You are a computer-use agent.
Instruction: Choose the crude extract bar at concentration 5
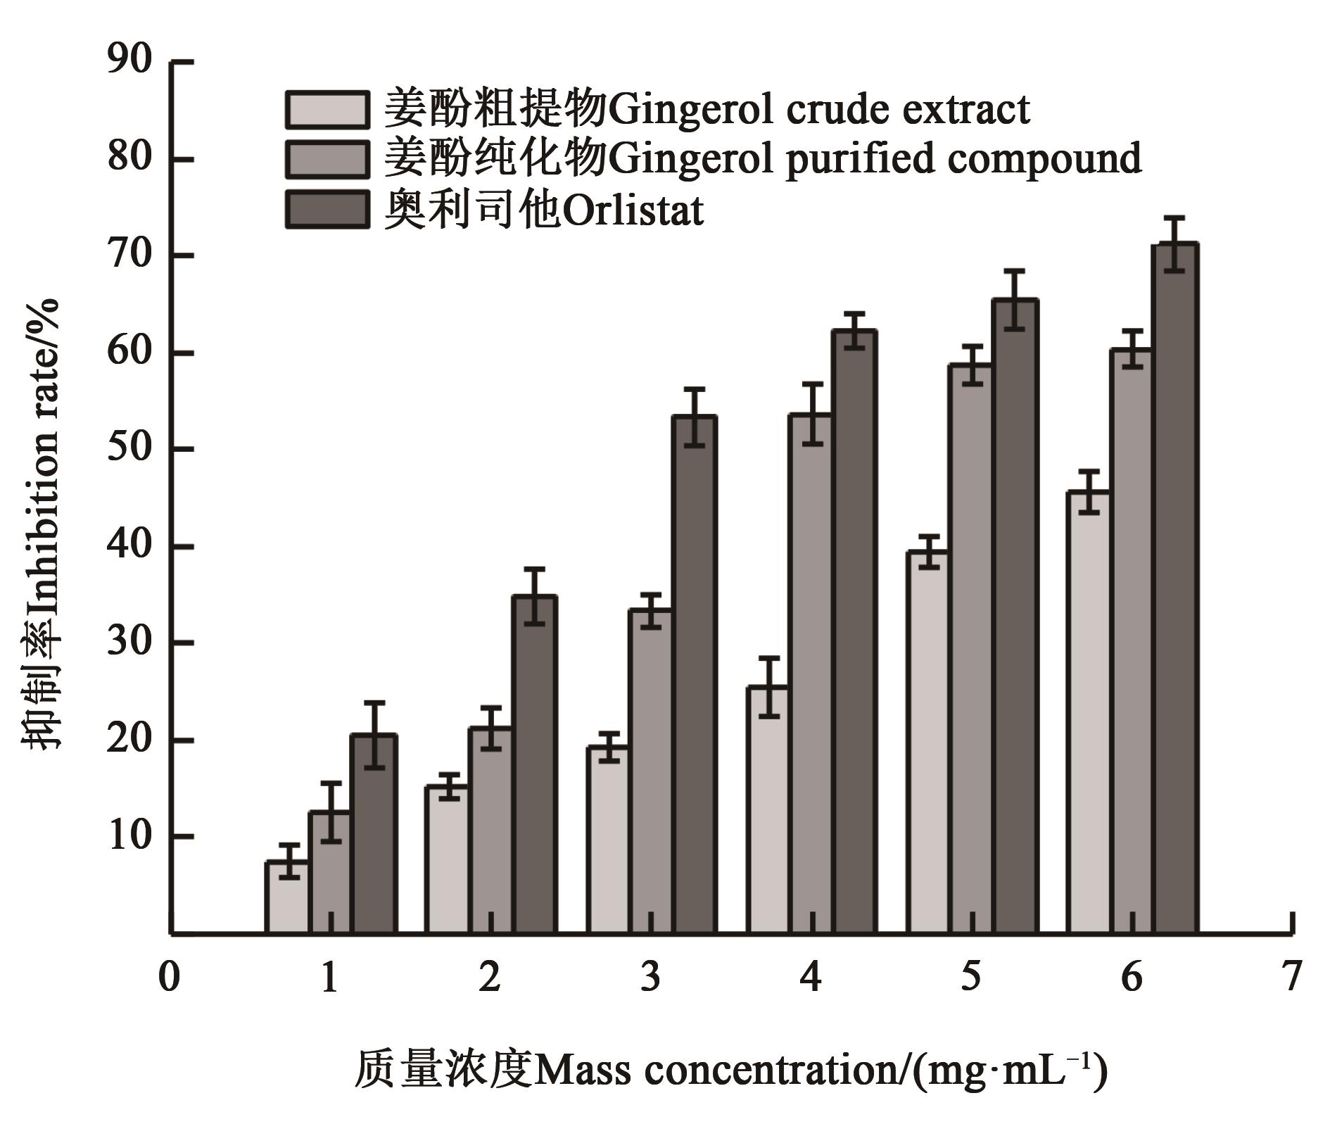tap(927, 742)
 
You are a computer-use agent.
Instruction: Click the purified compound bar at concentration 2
tap(490, 831)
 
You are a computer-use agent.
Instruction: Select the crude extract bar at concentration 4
tap(768, 809)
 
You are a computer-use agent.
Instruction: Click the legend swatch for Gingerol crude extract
tap(327, 110)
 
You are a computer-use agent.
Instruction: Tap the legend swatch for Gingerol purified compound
tap(327, 160)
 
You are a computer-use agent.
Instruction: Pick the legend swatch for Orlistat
tap(327, 210)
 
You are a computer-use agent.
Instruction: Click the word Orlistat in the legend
tap(633, 210)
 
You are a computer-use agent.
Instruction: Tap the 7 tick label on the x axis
tap(1291, 977)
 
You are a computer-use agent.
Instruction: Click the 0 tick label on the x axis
tap(169, 977)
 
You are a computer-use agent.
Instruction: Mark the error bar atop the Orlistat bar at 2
tap(534, 595)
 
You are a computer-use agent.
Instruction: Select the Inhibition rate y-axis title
tap(41, 524)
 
